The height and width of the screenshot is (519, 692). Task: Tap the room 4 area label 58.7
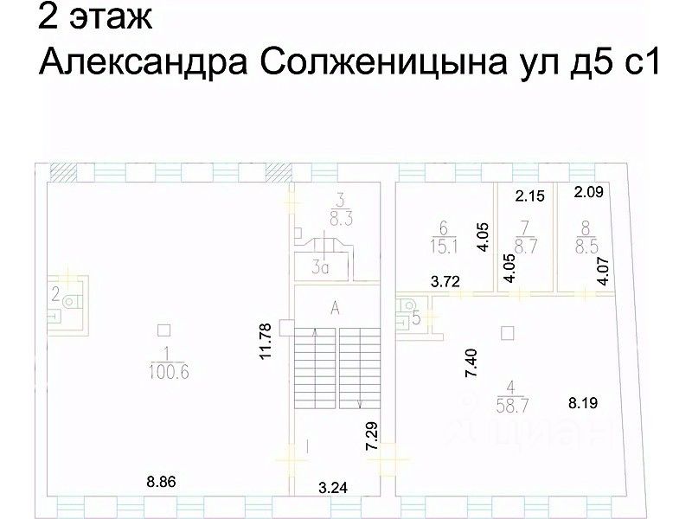coord(509,404)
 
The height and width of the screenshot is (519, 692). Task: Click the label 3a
coord(322,268)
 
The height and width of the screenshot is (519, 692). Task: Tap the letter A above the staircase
coord(334,306)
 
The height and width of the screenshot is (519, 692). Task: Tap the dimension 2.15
coord(529,196)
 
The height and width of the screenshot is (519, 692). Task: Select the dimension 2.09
coord(593,192)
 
